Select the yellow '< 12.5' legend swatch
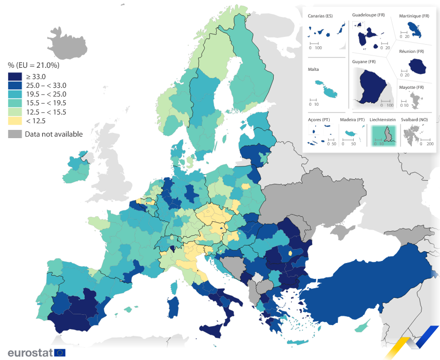click(15, 121)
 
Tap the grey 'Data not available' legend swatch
click(15, 134)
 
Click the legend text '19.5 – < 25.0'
click(46, 94)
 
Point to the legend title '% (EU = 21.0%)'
click(33, 65)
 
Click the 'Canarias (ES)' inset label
click(320, 16)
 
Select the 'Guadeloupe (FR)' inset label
click(368, 15)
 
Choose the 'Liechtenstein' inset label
click(382, 120)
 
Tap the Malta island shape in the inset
click(327, 88)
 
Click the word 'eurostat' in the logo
click(30, 353)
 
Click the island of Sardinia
click(174, 306)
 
